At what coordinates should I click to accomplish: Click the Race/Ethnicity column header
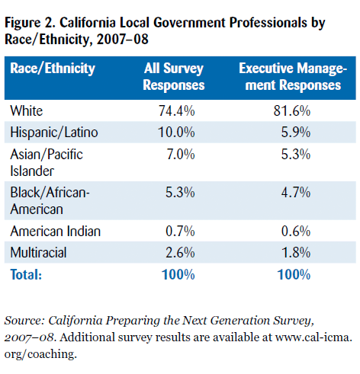(53, 69)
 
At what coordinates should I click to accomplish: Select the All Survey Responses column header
(174, 77)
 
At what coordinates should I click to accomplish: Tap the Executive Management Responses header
(293, 77)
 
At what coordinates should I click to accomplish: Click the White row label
(27, 111)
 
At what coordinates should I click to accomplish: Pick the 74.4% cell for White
(177, 111)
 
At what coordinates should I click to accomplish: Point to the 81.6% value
(292, 111)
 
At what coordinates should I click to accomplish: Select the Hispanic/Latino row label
(54, 133)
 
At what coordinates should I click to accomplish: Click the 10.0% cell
(176, 133)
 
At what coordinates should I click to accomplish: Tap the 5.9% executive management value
(296, 133)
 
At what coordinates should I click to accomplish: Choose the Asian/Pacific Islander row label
(47, 163)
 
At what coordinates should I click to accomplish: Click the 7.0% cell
(181, 155)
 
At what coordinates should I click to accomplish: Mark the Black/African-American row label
(50, 201)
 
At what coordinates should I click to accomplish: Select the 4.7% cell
(296, 193)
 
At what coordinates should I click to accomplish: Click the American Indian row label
(56, 232)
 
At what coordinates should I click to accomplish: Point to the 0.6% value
(296, 232)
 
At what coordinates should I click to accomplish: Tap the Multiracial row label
(38, 253)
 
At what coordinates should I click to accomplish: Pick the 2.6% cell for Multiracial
(180, 253)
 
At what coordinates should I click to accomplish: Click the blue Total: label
(26, 274)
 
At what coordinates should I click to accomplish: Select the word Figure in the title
(23, 24)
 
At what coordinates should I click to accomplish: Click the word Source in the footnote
(24, 321)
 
